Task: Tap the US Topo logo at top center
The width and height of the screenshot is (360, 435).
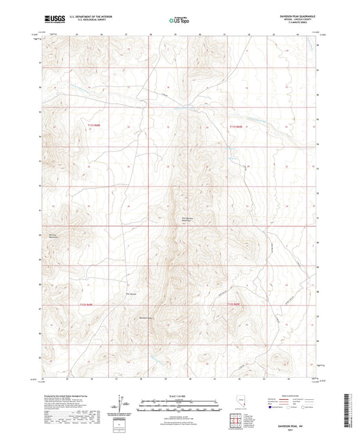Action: pyautogui.click(x=178, y=20)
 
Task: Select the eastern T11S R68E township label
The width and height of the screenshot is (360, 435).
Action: pyautogui.click(x=236, y=125)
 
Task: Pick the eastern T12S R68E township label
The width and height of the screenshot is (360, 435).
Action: pyautogui.click(x=236, y=305)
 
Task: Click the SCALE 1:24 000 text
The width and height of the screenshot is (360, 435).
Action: pyautogui.click(x=180, y=395)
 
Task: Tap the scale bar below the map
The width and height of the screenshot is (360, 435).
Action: pyautogui.click(x=180, y=404)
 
